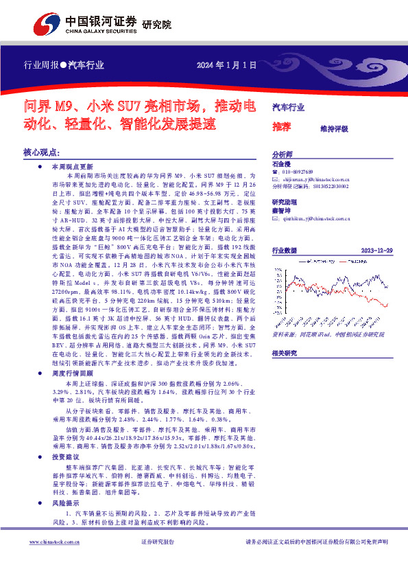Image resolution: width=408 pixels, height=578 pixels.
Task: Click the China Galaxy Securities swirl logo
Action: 47,25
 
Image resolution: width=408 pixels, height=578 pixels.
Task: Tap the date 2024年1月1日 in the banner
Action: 227,65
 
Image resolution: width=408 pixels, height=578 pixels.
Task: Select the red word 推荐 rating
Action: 281,127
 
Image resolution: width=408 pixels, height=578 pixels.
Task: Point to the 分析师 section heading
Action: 283,154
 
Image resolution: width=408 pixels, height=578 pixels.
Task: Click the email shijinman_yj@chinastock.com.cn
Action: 320,178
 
